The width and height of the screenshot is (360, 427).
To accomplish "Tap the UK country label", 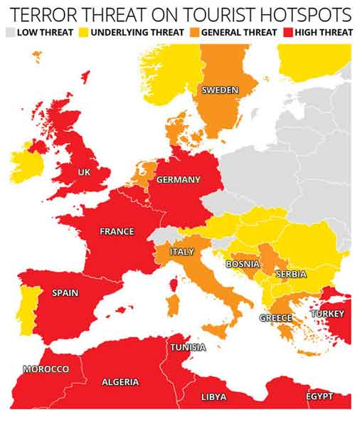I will (x=85, y=172).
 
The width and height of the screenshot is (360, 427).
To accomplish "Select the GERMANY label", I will (x=178, y=179).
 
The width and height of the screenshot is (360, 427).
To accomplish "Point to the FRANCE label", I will (x=117, y=231).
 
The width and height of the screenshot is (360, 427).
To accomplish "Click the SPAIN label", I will (x=65, y=292).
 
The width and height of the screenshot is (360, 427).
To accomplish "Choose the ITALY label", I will (x=181, y=252).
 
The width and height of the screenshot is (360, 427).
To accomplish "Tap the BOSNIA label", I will (x=242, y=263).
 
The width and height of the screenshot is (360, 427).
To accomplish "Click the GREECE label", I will (x=275, y=317).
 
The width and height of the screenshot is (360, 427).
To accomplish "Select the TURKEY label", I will (x=327, y=314).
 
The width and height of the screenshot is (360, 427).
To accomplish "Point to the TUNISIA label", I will (x=188, y=347).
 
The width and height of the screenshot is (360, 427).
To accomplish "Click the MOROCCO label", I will (x=46, y=369).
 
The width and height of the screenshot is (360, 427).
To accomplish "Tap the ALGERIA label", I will (x=120, y=382).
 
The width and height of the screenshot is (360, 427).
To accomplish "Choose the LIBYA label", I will (x=214, y=396).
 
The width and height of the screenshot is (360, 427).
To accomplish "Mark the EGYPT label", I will (x=319, y=396).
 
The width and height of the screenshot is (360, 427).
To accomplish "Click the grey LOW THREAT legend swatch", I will (x=11, y=32).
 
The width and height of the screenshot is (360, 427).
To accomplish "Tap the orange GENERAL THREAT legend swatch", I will (x=194, y=32).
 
